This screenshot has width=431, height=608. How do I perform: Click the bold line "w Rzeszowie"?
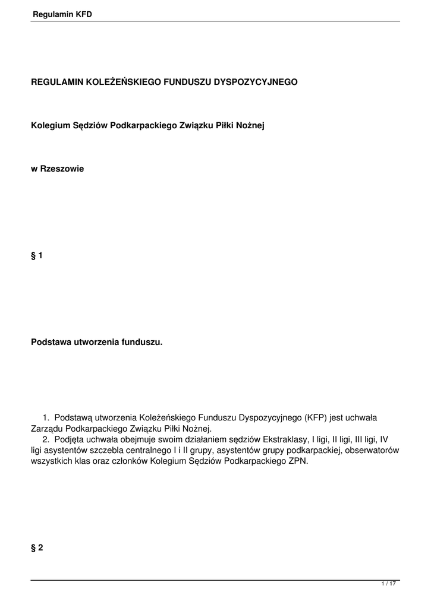58,169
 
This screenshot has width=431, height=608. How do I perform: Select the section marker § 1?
37,256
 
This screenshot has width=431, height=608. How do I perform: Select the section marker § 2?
37,548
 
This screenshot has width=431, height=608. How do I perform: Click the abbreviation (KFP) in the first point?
316,418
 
